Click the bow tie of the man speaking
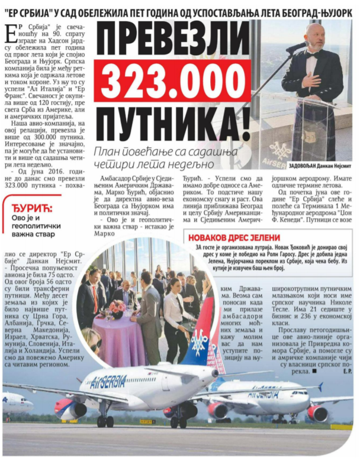tap(312, 54)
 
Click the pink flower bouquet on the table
tap(117, 307)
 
